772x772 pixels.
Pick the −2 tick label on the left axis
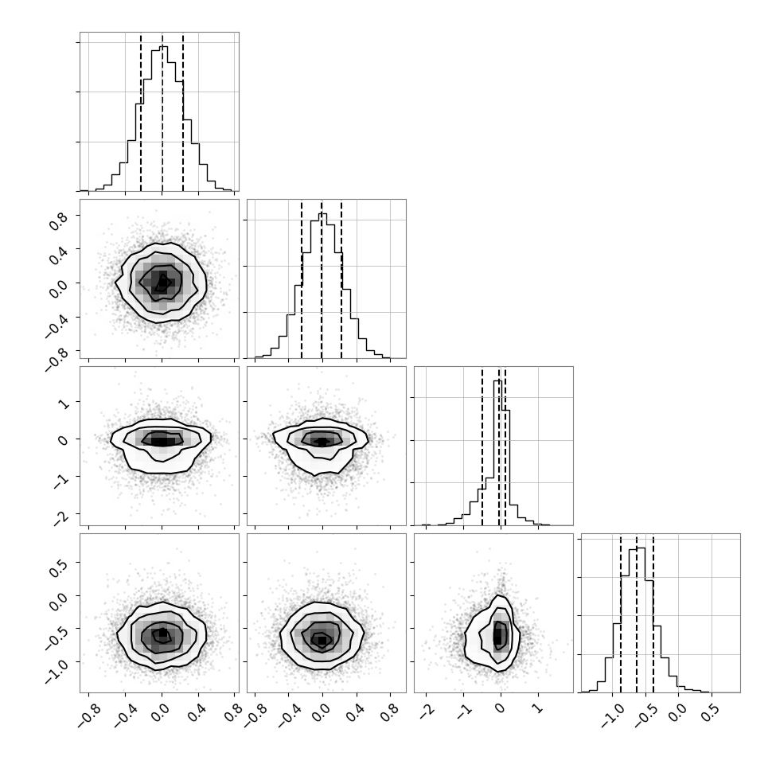point(60,517)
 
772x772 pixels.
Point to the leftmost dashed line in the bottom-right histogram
point(621,613)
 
